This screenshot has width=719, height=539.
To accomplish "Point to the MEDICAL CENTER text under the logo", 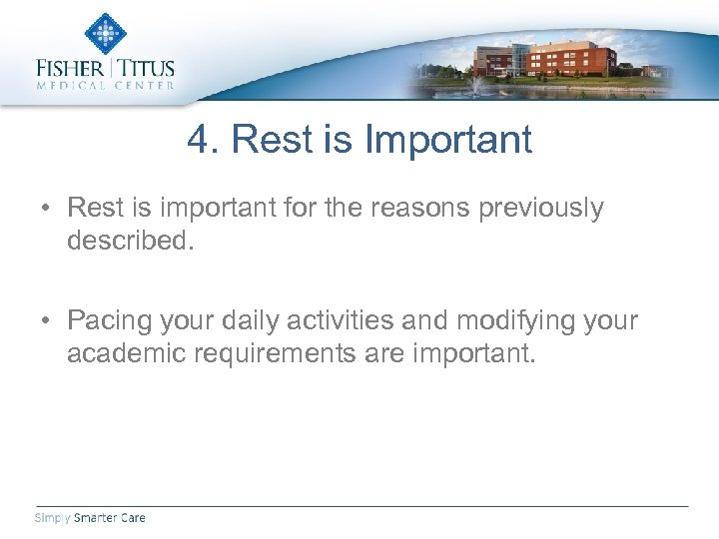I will (105, 86).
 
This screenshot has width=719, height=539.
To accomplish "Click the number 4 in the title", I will (198, 140).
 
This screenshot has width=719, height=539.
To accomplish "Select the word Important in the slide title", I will (448, 140).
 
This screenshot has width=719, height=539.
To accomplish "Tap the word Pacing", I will (110, 320).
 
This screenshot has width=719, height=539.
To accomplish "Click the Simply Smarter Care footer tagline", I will (90, 517).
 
